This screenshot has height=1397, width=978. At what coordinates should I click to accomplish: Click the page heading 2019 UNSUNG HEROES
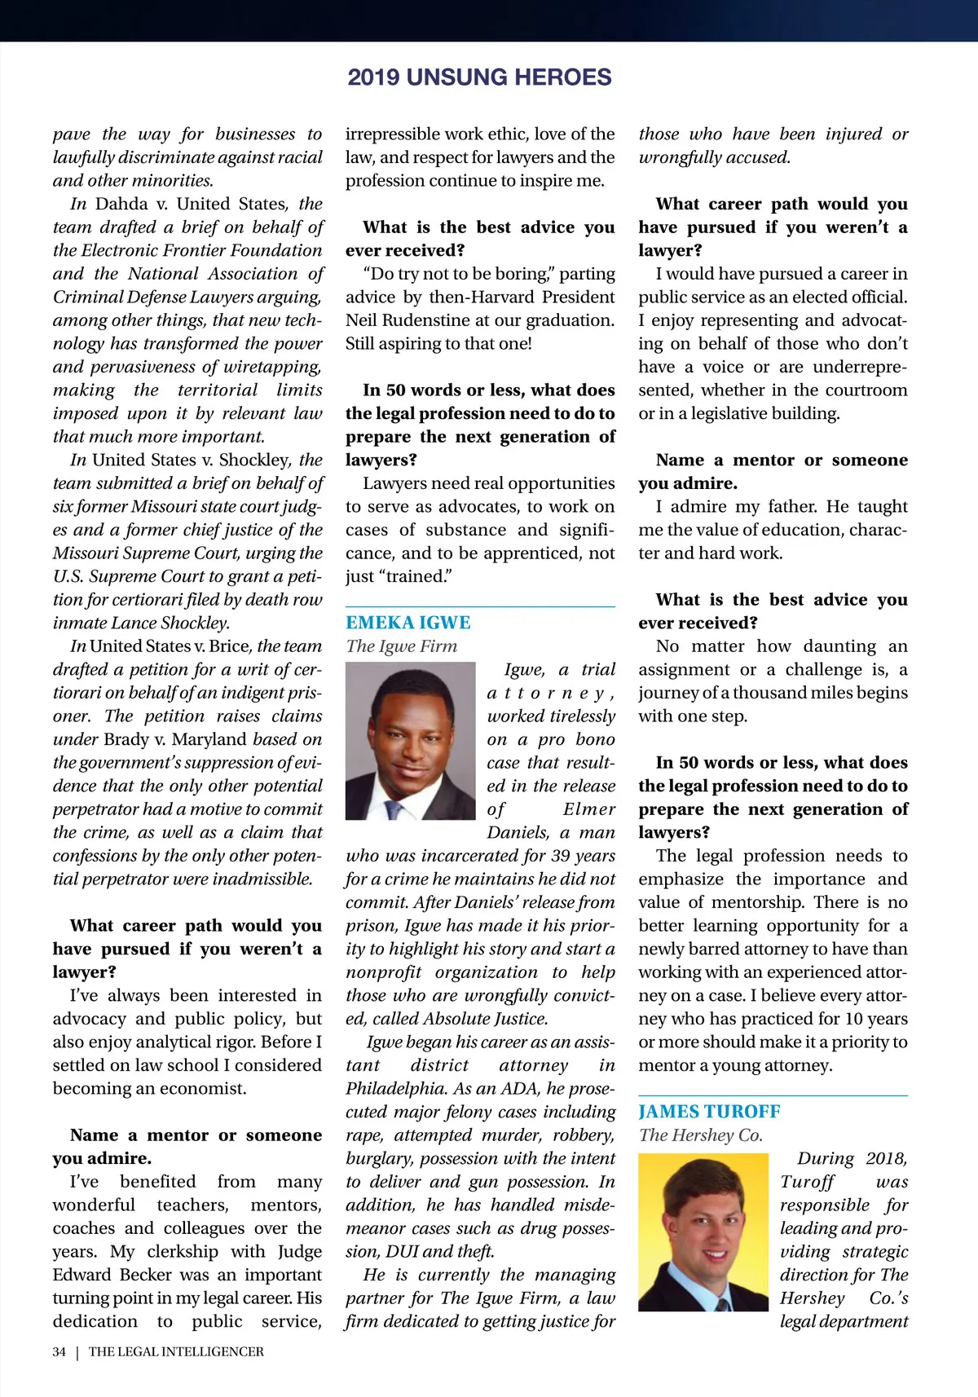(x=479, y=77)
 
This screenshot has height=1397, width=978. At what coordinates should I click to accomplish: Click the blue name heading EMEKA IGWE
(x=407, y=623)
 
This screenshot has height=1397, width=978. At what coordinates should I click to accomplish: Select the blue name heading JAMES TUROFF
(x=709, y=1112)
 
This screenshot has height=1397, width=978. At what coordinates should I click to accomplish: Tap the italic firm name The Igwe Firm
(x=401, y=646)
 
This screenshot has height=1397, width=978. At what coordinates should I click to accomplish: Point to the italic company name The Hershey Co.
(x=701, y=1135)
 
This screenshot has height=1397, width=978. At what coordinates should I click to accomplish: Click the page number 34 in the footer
(x=59, y=1351)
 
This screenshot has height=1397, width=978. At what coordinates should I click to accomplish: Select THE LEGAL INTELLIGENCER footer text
(x=176, y=1351)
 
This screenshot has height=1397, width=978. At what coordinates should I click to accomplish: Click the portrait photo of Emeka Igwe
(x=410, y=740)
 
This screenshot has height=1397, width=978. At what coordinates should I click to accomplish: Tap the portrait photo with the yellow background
(x=703, y=1232)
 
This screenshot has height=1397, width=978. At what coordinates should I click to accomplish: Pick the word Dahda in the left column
(x=121, y=204)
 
